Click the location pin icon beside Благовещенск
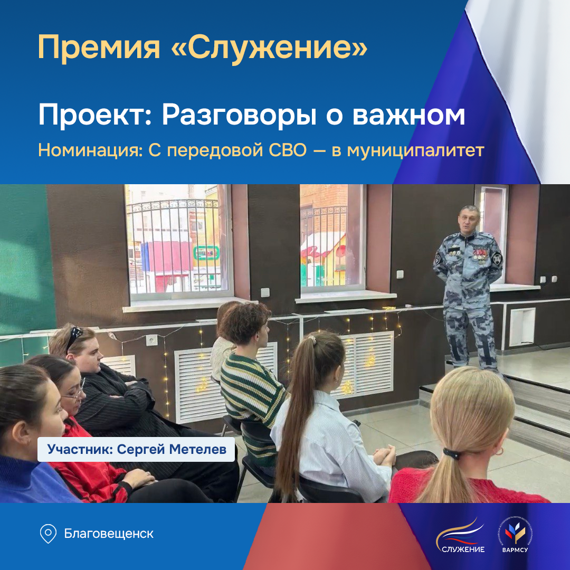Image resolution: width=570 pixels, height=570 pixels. [x=48, y=534]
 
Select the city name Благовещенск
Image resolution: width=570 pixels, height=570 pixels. [x=109, y=534]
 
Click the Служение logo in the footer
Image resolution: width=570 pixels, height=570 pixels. [x=460, y=535]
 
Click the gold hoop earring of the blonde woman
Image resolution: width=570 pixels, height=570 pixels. [x=499, y=452]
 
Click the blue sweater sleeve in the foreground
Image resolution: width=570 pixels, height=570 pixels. [x=26, y=480]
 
